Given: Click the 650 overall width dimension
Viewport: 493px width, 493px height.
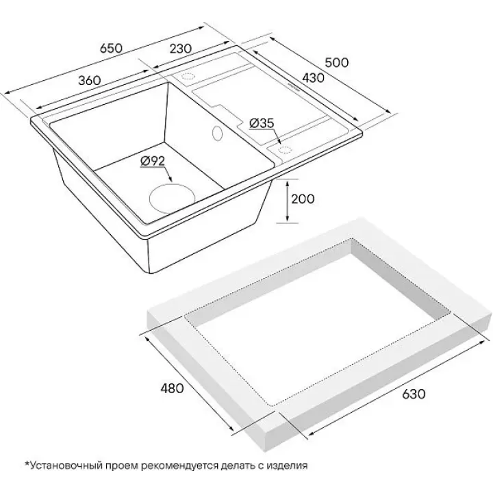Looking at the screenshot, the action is (111, 49).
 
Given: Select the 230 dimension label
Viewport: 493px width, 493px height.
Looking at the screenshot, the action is (180, 49).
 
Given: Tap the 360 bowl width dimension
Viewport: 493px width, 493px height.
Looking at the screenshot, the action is (90, 81).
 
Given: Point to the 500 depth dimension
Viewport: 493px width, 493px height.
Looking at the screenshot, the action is (337, 62).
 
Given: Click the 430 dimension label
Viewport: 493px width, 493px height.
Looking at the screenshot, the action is (312, 77).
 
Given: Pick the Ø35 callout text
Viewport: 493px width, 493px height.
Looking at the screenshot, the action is (262, 123).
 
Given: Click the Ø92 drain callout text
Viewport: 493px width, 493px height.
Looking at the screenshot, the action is (153, 162).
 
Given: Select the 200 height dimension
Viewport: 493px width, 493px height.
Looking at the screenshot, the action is (303, 199).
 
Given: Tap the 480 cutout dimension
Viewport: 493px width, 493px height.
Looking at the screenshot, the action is (172, 388).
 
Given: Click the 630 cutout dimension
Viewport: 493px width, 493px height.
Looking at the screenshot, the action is (414, 394).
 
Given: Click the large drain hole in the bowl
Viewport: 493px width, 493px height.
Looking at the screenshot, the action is (172, 199).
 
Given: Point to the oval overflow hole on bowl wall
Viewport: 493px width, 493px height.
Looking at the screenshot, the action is (217, 133).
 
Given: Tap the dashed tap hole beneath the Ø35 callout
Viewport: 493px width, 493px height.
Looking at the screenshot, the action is (284, 150).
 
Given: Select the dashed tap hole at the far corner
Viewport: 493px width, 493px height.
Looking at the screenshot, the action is (188, 76).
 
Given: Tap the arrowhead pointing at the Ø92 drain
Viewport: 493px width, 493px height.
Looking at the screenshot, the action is (170, 179).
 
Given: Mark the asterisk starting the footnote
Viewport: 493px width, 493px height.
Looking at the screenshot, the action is (27, 463).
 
